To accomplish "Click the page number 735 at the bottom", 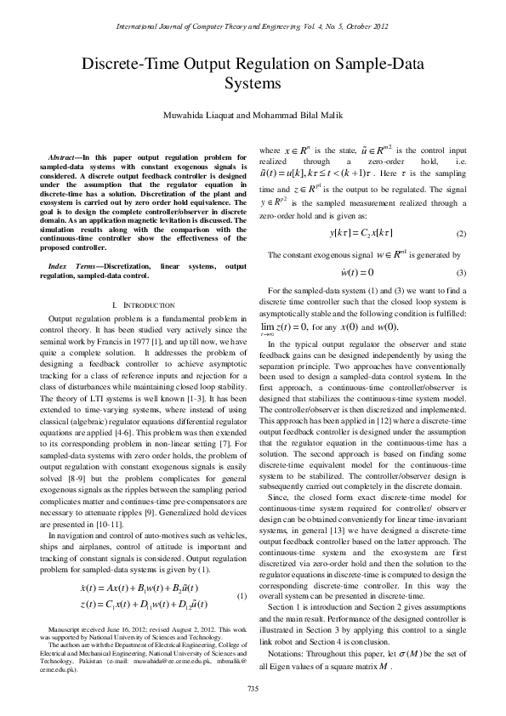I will coord(253,687).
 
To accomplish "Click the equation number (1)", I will coord(242,595).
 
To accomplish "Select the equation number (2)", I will coord(461,233).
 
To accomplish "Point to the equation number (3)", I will coord(461,273).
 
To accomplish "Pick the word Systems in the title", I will coord(253,84).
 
